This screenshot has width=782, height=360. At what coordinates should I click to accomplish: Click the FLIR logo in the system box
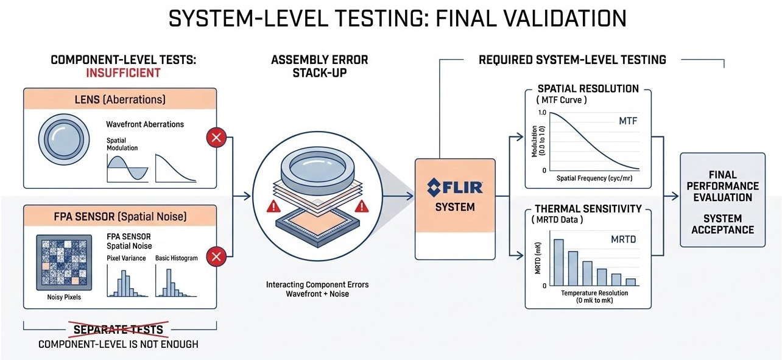tap(456, 185)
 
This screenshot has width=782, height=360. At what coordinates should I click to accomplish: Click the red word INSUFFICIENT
tap(124, 73)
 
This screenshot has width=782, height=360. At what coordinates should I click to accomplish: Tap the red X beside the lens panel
tap(216, 138)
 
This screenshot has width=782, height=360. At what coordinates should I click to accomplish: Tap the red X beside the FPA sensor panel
tap(216, 257)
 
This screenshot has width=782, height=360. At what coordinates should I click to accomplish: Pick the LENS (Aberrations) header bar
tap(119, 99)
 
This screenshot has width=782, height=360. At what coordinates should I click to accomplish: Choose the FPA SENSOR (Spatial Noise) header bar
tap(119, 216)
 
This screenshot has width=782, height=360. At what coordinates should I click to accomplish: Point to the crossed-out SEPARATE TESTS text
tap(118, 330)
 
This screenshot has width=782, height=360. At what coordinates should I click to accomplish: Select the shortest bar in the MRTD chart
tap(631, 281)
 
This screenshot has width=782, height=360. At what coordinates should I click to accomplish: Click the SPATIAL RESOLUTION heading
tap(588, 88)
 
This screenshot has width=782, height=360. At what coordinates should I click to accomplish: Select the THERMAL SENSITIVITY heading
tap(588, 208)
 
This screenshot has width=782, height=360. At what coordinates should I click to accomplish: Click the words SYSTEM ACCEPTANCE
tap(722, 224)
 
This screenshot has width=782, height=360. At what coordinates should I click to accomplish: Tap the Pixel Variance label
tap(126, 258)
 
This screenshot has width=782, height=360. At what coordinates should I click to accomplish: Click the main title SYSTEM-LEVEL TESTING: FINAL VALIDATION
tap(397, 19)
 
